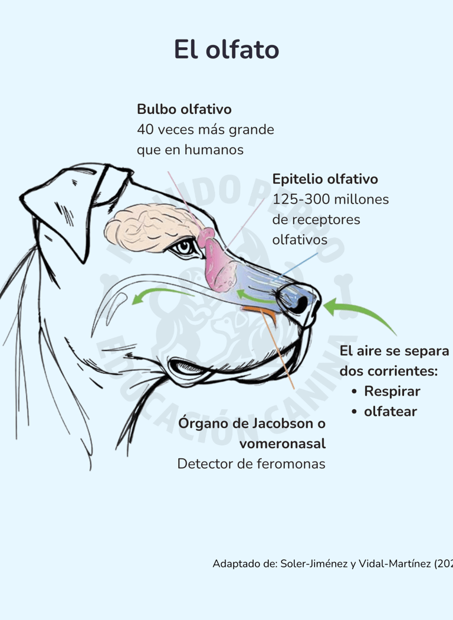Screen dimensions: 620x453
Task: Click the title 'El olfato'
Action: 226,50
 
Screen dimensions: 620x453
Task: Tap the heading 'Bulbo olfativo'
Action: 184,109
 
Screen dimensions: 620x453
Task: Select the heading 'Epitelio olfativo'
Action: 325,179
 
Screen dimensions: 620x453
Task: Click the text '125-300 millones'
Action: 330,200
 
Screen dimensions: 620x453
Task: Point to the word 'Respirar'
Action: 392,391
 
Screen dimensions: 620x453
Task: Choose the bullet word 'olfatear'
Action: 390,412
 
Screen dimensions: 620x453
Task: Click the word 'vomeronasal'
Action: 282,443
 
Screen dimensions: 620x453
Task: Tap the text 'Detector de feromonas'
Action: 251,464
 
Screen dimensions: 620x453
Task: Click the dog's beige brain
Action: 153,227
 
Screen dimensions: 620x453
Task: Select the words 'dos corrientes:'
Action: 388,371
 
